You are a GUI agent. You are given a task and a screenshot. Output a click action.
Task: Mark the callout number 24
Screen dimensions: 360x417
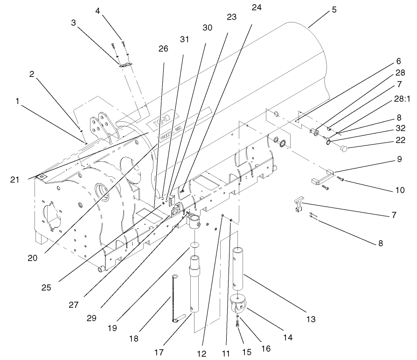click(256, 8)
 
